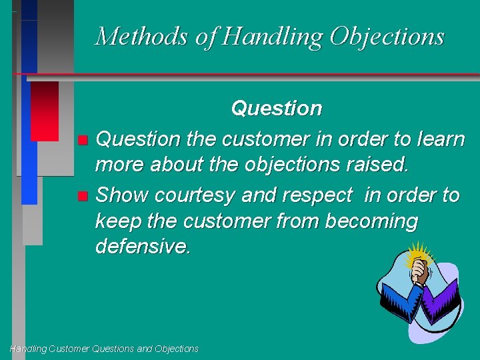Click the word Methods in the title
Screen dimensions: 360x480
click(x=141, y=36)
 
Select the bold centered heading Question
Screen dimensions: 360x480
click(x=276, y=108)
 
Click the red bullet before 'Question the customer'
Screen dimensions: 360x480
click(x=82, y=140)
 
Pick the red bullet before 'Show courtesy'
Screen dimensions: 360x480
click(x=82, y=196)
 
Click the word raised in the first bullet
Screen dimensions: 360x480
click(x=378, y=164)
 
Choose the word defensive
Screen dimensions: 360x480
click(x=143, y=247)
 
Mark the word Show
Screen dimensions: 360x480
click(x=123, y=195)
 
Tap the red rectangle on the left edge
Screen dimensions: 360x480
click(x=45, y=111)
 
